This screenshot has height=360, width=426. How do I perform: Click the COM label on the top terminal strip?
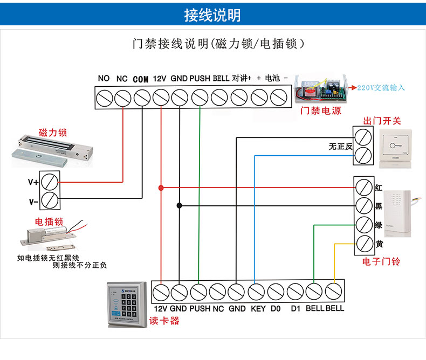tap(140, 79)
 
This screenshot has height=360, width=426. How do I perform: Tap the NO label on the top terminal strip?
tap(104, 78)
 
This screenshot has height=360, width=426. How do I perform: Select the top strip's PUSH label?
tap(200, 78)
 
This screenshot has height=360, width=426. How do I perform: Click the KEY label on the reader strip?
tap(258, 309)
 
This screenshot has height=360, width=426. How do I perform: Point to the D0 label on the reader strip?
tap(276, 309)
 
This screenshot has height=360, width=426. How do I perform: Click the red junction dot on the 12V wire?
tap(161, 188)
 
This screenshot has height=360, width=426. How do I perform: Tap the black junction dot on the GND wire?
tap(180, 205)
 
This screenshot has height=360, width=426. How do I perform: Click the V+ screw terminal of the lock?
tap(51, 182)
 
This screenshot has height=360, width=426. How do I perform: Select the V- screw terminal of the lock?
tap(51, 200)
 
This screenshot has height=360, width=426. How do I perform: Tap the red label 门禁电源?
tap(320, 111)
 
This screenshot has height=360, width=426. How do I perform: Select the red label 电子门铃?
tap(381, 261)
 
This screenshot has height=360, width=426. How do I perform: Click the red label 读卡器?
tap(164, 321)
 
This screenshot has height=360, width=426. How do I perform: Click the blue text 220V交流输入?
tap(381, 87)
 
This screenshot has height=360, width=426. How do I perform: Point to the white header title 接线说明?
tap(212, 15)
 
